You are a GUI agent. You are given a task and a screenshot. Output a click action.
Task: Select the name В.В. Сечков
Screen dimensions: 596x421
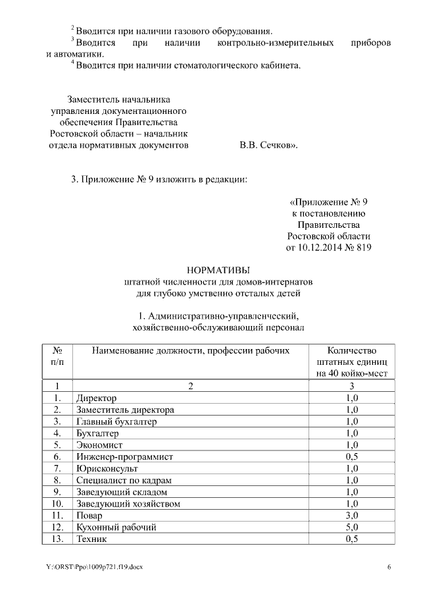click(x=268, y=144)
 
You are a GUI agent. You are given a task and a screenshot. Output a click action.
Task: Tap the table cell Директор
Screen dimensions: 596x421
click(x=96, y=398)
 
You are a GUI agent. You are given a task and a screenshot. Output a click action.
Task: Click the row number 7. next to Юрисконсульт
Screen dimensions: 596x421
click(x=57, y=468)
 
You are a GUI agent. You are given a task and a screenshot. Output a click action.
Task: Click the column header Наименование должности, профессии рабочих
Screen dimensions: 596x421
click(x=191, y=351)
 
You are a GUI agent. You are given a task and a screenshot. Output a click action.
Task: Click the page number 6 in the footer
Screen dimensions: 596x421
click(x=388, y=567)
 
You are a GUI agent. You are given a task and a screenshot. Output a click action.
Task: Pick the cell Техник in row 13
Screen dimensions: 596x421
click(x=91, y=539)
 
